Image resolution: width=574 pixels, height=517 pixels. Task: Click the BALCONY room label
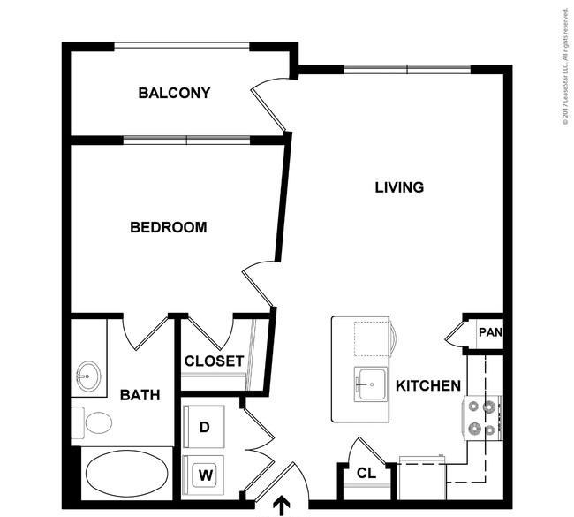(x=174, y=93)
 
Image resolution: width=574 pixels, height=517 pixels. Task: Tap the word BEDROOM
(x=168, y=227)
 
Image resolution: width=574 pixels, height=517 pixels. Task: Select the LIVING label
(x=399, y=187)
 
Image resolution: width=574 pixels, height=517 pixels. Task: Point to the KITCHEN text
(x=427, y=385)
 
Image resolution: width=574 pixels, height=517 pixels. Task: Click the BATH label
(x=140, y=394)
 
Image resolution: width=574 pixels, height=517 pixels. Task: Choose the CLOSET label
(x=214, y=361)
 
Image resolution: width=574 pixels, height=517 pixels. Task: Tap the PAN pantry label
(x=490, y=333)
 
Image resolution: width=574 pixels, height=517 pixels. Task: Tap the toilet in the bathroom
(x=93, y=422)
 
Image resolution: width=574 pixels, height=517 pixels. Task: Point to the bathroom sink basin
(x=87, y=376)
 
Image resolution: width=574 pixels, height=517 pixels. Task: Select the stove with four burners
(x=483, y=418)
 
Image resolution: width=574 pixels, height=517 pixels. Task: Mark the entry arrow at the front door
(x=283, y=506)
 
